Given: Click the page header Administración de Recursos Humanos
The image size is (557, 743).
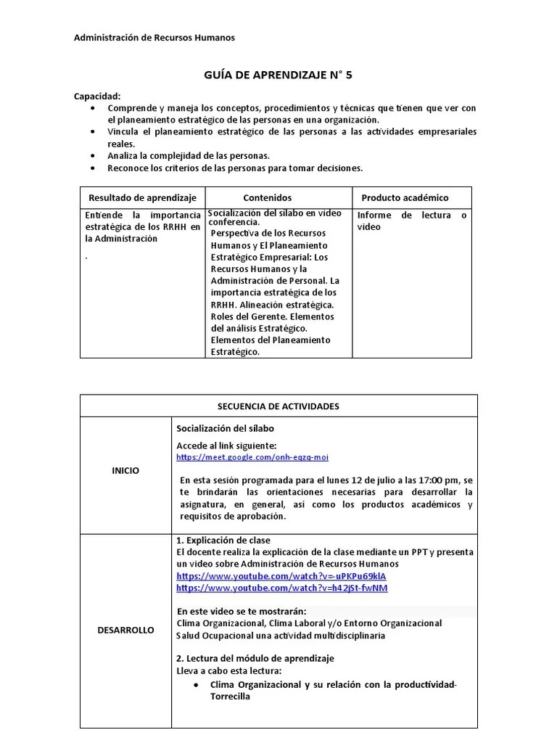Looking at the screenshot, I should [x=154, y=38].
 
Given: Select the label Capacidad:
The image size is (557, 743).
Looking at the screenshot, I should [x=98, y=96].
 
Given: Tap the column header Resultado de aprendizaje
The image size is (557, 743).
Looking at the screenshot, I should [x=142, y=197].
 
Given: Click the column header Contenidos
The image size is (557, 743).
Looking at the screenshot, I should [x=268, y=197].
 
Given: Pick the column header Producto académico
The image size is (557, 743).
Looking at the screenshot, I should [x=405, y=197].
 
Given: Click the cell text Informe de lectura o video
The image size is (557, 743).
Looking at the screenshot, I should [x=411, y=221].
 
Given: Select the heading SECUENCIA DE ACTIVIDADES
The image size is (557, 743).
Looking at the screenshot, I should [x=278, y=406].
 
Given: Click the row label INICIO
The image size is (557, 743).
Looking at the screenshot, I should [x=125, y=470].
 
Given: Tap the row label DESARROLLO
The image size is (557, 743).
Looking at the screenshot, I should [x=125, y=630].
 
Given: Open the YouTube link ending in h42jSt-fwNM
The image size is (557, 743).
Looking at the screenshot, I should [x=282, y=588].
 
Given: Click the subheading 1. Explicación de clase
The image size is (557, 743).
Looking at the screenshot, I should [x=223, y=541].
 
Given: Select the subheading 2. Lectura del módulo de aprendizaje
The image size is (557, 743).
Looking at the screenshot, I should [x=255, y=658].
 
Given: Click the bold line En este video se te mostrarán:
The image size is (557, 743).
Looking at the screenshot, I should [x=242, y=611].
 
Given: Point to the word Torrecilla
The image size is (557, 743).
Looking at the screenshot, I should [x=230, y=697].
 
